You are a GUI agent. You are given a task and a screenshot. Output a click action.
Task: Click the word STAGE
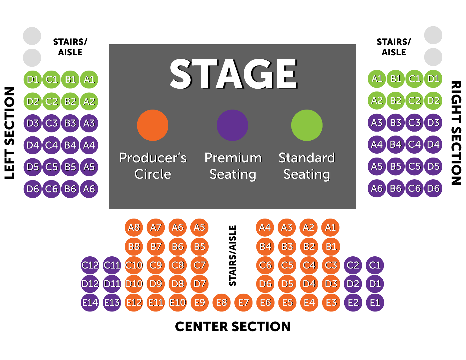233,74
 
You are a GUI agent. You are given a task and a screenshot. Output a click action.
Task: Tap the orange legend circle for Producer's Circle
153,125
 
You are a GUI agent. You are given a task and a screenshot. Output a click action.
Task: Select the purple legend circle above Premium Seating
232,125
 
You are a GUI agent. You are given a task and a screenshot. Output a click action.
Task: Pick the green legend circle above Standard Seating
307,125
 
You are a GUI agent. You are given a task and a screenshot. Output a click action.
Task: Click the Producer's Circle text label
153,166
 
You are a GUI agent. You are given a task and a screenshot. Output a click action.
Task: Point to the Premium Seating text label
233,166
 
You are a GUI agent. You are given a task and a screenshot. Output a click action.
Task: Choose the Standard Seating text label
307,166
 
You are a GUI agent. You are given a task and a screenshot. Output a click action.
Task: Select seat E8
222,303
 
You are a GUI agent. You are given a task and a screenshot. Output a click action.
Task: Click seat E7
243,303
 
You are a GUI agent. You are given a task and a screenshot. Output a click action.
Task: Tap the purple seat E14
90,303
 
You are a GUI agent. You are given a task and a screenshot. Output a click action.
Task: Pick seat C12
90,265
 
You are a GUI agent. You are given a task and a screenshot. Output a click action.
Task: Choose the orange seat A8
134,227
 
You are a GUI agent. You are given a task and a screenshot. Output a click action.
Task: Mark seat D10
134,284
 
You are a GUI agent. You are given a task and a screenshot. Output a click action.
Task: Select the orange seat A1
330,227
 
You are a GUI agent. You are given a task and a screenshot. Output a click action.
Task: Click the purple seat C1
375,265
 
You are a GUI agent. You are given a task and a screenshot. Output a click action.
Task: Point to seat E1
375,303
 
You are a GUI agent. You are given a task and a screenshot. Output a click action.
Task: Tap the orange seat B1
331,246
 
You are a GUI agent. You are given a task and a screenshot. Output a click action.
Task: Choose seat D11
112,284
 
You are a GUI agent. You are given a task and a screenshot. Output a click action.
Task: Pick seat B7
156,246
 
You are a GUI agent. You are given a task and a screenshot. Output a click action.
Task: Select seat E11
156,303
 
